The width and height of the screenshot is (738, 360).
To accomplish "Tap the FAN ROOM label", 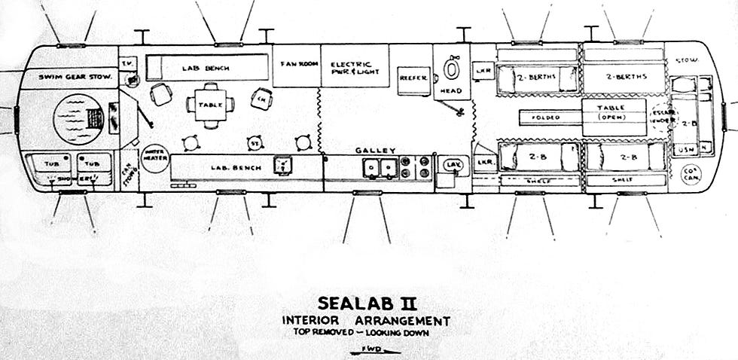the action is [x=295, y=63].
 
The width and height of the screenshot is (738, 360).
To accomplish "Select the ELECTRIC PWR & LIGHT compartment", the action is [x=355, y=66].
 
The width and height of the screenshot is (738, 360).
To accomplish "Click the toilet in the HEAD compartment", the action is [x=451, y=69].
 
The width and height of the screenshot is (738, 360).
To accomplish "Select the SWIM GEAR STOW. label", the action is [x=66, y=77].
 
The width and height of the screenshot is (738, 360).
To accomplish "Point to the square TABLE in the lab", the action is [x=211, y=105].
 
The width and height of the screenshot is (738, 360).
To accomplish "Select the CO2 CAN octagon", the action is [x=691, y=173].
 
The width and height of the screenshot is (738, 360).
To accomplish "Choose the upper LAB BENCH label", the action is [x=205, y=68].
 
